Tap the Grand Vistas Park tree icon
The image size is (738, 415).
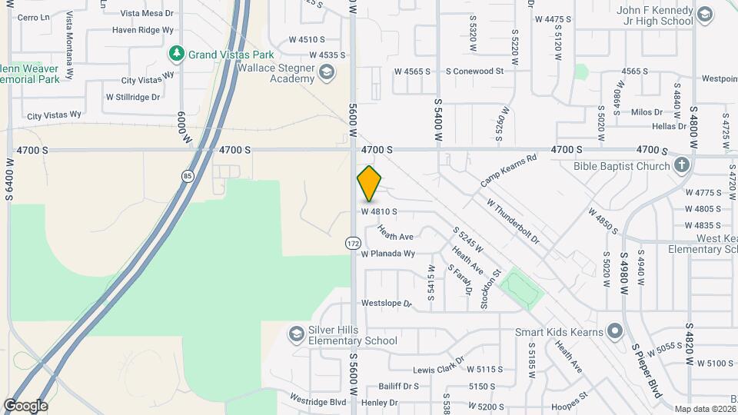pos(177,55)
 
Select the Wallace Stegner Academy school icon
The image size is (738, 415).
pos(327,73)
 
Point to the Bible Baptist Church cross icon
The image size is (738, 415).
pos(681,165)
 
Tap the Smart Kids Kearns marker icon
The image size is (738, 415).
pos(614,331)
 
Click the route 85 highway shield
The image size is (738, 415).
pos(188,177)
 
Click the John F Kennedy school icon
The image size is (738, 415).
pos(705,15)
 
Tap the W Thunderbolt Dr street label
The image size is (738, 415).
pos(513,221)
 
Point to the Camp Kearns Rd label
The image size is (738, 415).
pos(507,171)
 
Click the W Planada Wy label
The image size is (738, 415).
pos(388,254)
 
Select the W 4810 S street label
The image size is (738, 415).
pos(379,211)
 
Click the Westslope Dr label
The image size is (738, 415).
pos(387,304)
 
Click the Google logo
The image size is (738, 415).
pos(25,405)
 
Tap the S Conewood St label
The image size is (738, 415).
pos(474,71)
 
